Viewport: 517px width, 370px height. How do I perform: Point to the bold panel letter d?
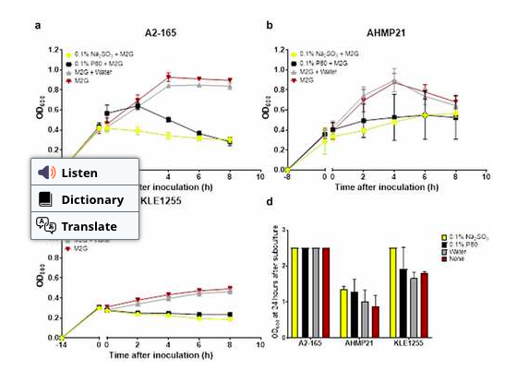(269, 201)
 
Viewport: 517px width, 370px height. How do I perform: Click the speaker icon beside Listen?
(46, 173)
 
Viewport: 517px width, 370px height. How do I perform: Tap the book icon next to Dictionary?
(45, 199)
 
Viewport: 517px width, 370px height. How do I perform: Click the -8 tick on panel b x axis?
(288, 179)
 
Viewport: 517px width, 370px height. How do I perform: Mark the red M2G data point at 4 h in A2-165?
(168, 77)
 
